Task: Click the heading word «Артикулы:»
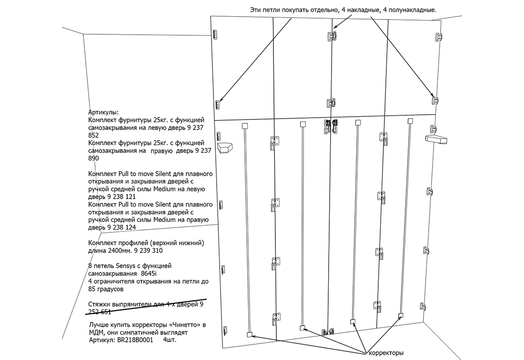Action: (x=103, y=112)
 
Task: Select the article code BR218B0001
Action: (x=135, y=340)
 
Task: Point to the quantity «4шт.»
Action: (x=170, y=340)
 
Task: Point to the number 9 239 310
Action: (x=148, y=250)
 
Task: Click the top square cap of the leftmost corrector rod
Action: (x=244, y=126)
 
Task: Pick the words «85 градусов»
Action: (x=106, y=289)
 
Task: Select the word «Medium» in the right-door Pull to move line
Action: (x=164, y=220)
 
